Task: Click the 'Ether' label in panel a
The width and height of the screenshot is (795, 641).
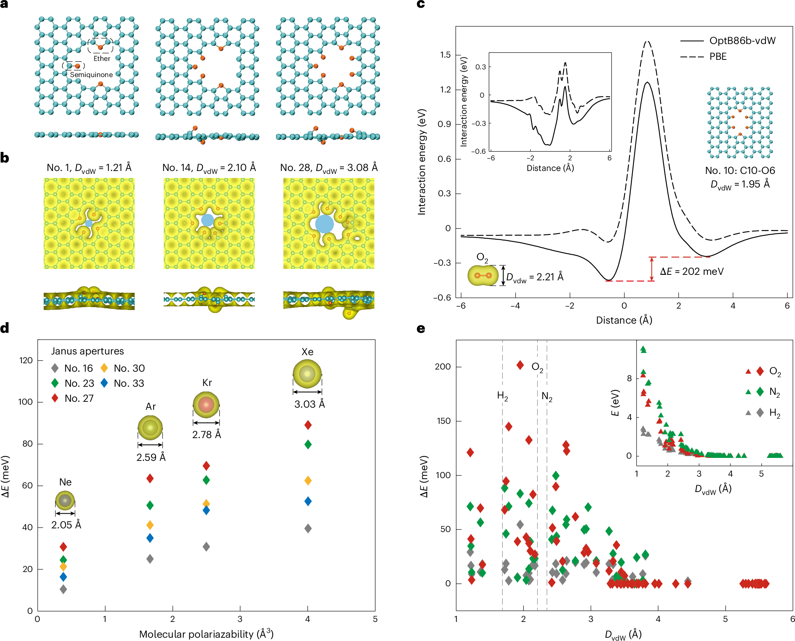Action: (x=102, y=58)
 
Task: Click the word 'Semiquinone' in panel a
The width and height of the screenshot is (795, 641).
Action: (x=91, y=74)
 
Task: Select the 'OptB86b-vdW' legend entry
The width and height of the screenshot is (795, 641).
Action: (x=742, y=41)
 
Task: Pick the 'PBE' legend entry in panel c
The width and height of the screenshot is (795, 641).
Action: (x=718, y=57)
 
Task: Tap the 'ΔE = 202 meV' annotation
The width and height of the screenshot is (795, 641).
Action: (x=691, y=272)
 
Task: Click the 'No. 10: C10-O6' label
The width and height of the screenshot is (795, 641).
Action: (x=740, y=170)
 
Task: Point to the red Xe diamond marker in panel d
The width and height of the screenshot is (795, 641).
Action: (x=308, y=425)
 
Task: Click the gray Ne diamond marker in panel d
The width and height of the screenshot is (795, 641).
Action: (x=63, y=589)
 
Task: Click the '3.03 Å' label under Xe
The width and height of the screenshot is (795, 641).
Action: (x=309, y=404)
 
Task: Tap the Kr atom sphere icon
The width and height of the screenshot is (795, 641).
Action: (x=206, y=404)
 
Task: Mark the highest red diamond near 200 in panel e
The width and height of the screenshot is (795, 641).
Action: (x=520, y=365)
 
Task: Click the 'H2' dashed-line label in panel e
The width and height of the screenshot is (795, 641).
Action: (x=502, y=396)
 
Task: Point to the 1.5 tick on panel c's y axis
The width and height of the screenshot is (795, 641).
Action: (x=445, y=55)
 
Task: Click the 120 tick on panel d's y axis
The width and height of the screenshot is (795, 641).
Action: (x=25, y=360)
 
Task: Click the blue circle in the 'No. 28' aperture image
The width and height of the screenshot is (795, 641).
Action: (x=324, y=224)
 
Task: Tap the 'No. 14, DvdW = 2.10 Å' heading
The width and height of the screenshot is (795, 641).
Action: (x=209, y=168)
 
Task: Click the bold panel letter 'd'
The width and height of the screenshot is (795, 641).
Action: (x=5, y=328)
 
